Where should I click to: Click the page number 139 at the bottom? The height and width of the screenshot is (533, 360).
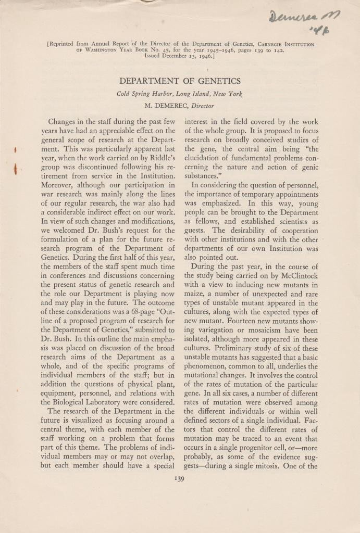click(x=180, y=479)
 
